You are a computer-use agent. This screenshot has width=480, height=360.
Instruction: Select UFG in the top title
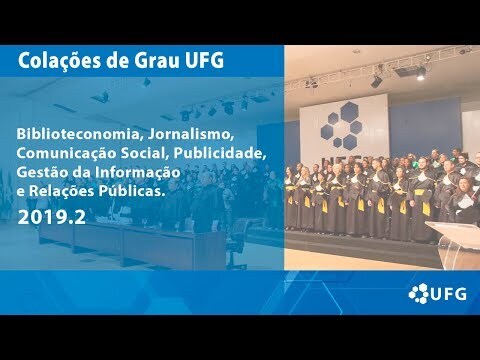pyautogui.click(x=204, y=61)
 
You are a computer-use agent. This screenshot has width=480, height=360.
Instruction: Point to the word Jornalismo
pyautogui.click(x=189, y=134)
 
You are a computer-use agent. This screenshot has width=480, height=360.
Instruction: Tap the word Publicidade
pyautogui.click(x=220, y=153)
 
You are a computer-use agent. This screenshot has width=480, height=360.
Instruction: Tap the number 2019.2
pyautogui.click(x=52, y=217)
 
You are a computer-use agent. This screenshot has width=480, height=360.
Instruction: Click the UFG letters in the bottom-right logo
pyautogui.click(x=448, y=294)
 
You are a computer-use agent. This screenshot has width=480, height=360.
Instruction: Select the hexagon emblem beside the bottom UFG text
pyautogui.click(x=419, y=293)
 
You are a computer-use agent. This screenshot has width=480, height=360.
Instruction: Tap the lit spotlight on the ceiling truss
pyautogui.click(x=421, y=74)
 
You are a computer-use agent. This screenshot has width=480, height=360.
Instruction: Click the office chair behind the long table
pyautogui.click(x=238, y=243)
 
